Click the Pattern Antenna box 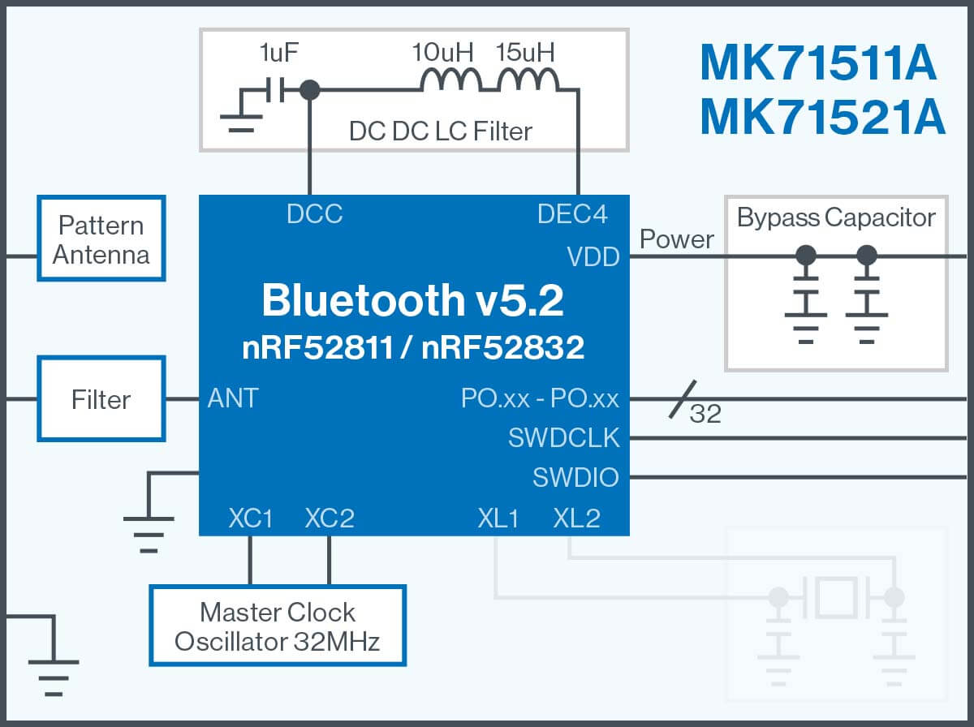pyautogui.click(x=101, y=239)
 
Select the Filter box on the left pyautogui.click(x=101, y=399)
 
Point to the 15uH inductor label pyautogui.click(x=526, y=54)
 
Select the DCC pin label pyautogui.click(x=315, y=214)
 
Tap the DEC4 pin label pyautogui.click(x=572, y=214)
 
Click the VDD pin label pyautogui.click(x=593, y=257)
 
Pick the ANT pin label pyautogui.click(x=233, y=398)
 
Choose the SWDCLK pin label pyautogui.click(x=564, y=438)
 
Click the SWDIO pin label pyautogui.click(x=575, y=477)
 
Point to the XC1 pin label pyautogui.click(x=250, y=518)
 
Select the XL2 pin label pyautogui.click(x=576, y=518)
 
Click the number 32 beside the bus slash pyautogui.click(x=705, y=415)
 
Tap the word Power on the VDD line pyautogui.click(x=677, y=239)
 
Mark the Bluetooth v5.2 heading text pyautogui.click(x=412, y=301)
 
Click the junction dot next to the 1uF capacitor pyautogui.click(x=309, y=90)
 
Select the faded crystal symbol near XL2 pyautogui.click(x=836, y=598)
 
